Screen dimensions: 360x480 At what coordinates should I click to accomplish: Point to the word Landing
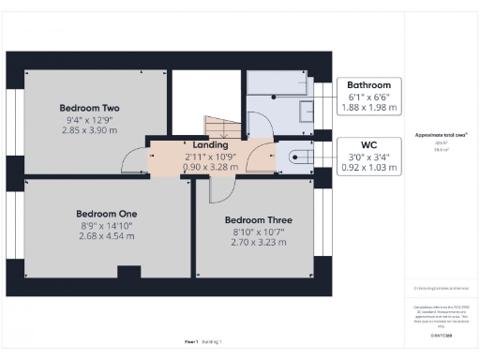pos(210,144)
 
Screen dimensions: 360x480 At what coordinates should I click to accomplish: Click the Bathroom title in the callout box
pos(368,84)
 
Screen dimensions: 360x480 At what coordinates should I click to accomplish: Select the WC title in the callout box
pos(368,145)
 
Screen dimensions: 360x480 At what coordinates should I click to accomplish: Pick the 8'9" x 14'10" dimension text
pos(106,225)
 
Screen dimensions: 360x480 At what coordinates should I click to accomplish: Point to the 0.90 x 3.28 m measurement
pos(210,167)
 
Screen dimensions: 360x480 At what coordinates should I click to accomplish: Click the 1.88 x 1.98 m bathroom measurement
pos(368,107)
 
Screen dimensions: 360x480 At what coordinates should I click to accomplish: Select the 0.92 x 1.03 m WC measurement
pos(368,168)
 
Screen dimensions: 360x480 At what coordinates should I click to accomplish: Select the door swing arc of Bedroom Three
pos(222,190)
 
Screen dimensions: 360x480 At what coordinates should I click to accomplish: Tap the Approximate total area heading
pos(442,135)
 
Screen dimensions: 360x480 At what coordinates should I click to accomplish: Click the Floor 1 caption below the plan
pos(192,343)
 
